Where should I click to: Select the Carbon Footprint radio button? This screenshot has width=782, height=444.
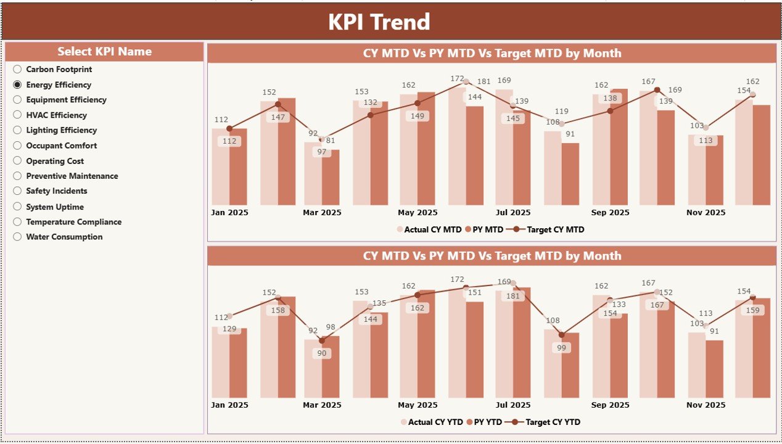(17, 70)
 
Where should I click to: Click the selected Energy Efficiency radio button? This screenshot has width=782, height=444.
(17, 85)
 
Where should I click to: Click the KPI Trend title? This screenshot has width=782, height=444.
(379, 22)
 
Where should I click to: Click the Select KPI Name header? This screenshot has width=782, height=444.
(104, 52)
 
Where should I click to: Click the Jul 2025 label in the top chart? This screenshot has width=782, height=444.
(512, 213)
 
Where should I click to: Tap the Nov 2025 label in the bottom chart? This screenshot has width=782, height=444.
(707, 405)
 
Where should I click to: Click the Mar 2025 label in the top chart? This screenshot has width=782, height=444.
(323, 213)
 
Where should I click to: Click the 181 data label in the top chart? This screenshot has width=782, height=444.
(484, 81)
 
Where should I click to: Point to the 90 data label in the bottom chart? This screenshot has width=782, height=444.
(321, 353)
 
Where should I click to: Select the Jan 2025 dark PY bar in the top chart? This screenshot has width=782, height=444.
(238, 166)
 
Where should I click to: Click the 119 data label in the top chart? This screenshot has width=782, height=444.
(561, 112)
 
